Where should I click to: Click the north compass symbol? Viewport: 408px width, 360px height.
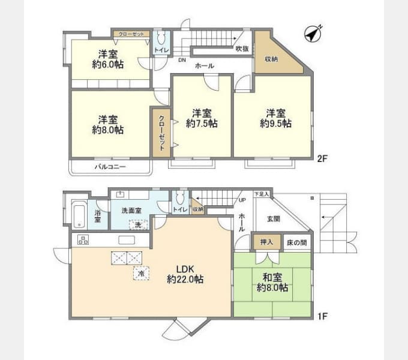(313, 35)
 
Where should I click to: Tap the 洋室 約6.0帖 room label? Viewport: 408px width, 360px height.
(108, 59)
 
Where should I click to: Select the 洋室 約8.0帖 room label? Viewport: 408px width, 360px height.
(108, 124)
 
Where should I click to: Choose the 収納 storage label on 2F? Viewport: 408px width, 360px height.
(271, 59)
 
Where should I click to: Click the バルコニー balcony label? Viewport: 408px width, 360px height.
(110, 166)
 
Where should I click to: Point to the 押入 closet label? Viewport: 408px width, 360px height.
(266, 242)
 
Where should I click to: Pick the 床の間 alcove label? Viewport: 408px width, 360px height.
(296, 242)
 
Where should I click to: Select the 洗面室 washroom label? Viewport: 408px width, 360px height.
(131, 211)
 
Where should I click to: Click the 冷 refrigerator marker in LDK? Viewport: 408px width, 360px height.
(142, 273)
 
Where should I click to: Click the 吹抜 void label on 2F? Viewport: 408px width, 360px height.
(242, 49)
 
